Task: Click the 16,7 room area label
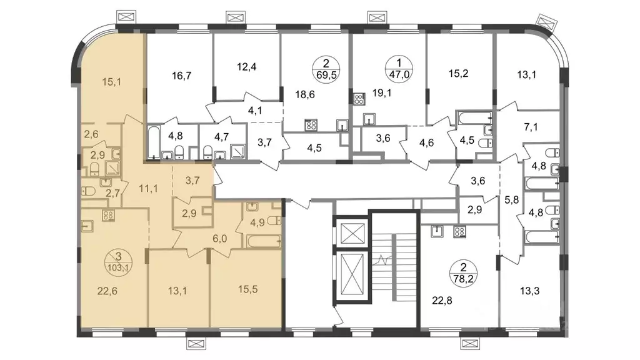click(182, 76)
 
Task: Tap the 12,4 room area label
click(246, 66)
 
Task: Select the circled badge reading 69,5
click(326, 69)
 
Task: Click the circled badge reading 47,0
click(399, 69)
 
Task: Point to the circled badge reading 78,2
click(463, 273)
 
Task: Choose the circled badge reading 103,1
click(118, 262)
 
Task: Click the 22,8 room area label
click(442, 301)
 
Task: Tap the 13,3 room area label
click(530, 291)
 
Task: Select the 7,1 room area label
click(531, 127)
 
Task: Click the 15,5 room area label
click(247, 289)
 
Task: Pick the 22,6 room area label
click(107, 291)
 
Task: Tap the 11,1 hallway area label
click(148, 189)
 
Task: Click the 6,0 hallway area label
click(219, 239)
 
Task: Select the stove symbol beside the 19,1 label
click(359, 99)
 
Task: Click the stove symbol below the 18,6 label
click(311, 125)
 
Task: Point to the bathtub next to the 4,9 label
click(263, 241)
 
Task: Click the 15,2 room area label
click(458, 74)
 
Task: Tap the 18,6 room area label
click(305, 95)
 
